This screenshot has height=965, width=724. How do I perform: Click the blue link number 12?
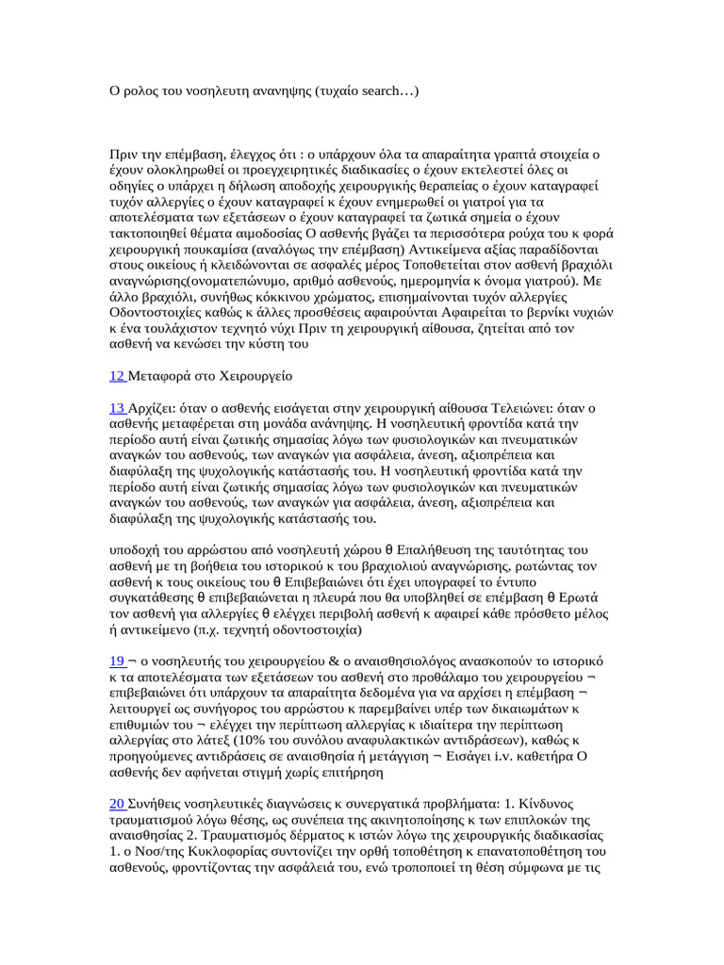point(118,376)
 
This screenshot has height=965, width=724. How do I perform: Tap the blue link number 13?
point(118,408)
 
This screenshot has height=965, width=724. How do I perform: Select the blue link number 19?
point(118,651)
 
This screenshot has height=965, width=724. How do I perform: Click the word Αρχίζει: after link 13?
point(157,408)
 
